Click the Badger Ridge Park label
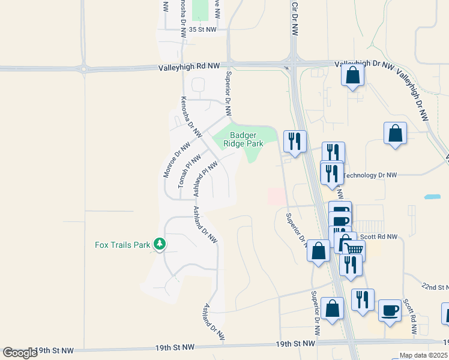coord(243,139)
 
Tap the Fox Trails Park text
coord(123,245)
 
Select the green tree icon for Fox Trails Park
coord(160,244)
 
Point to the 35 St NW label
coord(202,29)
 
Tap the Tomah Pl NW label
coord(189,171)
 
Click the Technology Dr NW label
coord(370,175)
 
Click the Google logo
coord(20,353)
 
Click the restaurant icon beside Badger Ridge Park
coord(294,141)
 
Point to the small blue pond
coord(432,196)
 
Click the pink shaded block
coord(276,196)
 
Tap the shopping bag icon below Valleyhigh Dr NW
coord(352,76)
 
